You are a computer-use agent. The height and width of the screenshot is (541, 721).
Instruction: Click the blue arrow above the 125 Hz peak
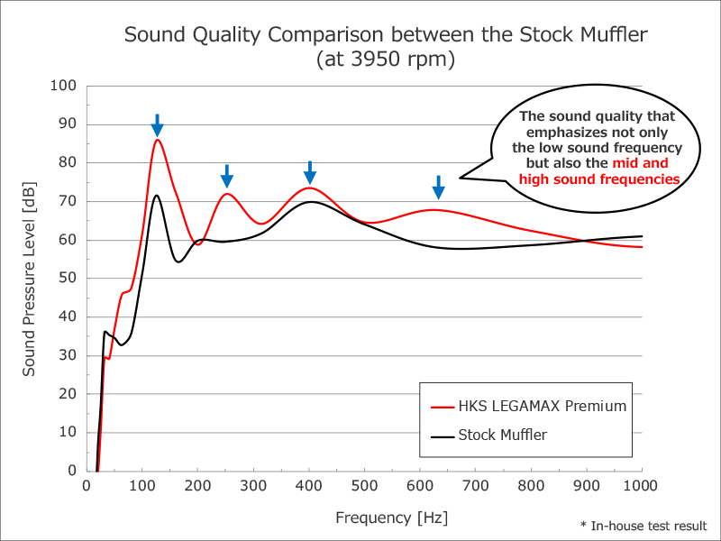tap(157, 125)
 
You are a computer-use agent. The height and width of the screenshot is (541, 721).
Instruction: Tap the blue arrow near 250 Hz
tap(227, 176)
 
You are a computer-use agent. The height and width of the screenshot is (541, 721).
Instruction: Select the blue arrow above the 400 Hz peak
tap(309, 171)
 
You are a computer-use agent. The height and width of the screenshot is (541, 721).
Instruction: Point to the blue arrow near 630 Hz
tap(438, 187)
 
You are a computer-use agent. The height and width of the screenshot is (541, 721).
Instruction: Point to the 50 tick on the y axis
tap(68, 279)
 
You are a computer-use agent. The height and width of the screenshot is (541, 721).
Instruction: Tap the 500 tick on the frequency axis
tap(365, 485)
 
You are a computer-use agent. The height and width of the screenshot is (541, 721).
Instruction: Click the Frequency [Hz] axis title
tap(391, 518)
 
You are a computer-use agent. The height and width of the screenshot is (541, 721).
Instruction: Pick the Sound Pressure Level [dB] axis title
tap(30, 279)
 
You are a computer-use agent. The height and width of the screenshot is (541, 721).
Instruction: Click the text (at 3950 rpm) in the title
tap(385, 60)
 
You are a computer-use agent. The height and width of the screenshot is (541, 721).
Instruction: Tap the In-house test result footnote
tap(643, 526)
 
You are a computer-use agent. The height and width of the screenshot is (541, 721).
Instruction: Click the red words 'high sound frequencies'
tap(599, 179)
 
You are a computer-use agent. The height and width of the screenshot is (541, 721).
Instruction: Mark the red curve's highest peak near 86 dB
tap(157, 140)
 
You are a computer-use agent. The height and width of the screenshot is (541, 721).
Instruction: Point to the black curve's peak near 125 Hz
tap(156, 196)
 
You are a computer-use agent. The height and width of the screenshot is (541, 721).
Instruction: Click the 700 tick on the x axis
tap(476, 485)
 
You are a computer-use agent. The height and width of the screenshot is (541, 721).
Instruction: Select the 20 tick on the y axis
tap(68, 394)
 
